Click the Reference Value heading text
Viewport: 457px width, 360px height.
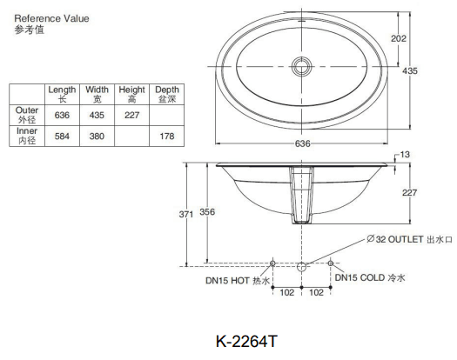[x=51, y=17]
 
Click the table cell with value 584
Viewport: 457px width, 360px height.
[x=62, y=137]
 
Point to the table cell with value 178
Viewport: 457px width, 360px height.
[x=166, y=137]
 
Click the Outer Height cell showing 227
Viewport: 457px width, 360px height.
[x=131, y=115]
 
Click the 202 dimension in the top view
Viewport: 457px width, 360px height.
[x=422, y=38]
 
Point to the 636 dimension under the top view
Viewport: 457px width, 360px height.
[x=302, y=144]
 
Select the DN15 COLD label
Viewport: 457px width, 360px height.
[x=370, y=277]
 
